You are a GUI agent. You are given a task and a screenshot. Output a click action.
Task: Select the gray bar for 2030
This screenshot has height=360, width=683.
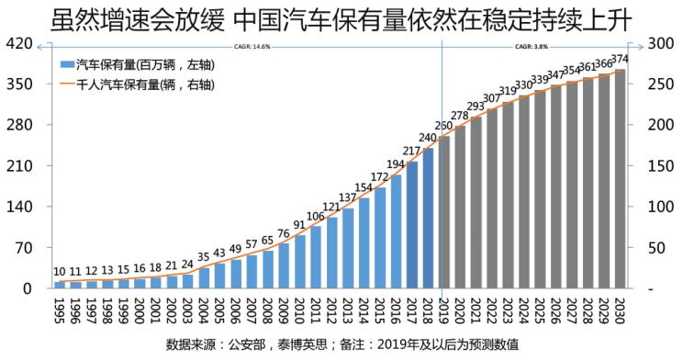click(x=620, y=179)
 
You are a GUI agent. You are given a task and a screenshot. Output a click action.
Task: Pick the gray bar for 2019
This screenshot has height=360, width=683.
click(x=443, y=212)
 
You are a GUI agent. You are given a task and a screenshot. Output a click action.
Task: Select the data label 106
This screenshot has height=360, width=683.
click(x=316, y=216)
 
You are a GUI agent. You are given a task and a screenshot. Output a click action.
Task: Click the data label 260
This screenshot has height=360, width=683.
click(x=443, y=126)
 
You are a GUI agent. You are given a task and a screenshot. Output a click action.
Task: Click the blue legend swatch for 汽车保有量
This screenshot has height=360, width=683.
click(x=66, y=64)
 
